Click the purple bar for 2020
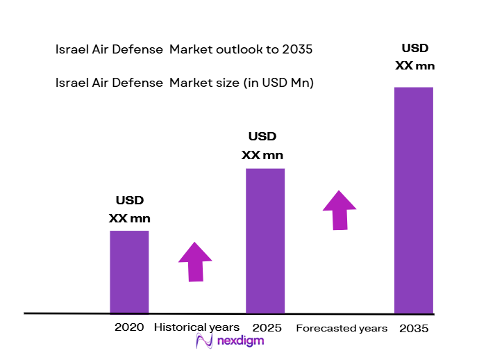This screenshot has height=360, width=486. [x=129, y=272]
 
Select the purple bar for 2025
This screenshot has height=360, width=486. [x=265, y=240]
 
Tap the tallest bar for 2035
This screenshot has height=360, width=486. [x=414, y=200]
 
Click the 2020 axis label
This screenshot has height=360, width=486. [x=129, y=327]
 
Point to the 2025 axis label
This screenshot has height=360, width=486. [x=267, y=327]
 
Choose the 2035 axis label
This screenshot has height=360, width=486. [x=414, y=328]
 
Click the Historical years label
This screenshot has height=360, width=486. [x=196, y=327]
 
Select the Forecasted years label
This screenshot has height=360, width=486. [x=342, y=328]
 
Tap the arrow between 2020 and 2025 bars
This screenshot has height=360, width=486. [x=195, y=261]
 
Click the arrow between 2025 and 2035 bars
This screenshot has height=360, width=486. [x=339, y=208]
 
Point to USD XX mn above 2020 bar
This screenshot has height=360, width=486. [x=129, y=209]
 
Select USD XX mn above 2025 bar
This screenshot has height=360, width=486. [x=262, y=145]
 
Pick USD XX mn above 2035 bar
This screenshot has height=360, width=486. [x=415, y=57]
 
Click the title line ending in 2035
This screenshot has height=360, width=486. [x=184, y=49]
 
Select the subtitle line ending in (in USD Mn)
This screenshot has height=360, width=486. [x=185, y=83]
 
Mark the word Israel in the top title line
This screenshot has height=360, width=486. [x=71, y=49]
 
